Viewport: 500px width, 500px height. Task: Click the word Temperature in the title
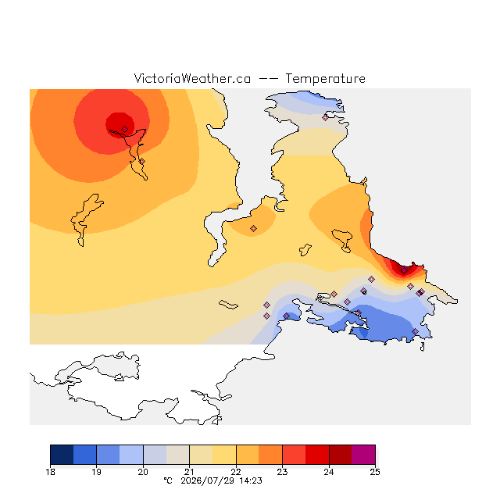[325, 78]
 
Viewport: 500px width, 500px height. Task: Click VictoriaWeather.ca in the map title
[192, 78]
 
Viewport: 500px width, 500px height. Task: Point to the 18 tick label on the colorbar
[50, 472]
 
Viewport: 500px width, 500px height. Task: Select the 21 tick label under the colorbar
[189, 472]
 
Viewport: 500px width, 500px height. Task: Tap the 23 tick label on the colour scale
[282, 472]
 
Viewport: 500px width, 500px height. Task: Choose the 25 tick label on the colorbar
[375, 472]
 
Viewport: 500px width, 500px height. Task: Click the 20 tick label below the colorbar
[143, 472]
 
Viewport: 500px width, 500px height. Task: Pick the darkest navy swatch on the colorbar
[62, 455]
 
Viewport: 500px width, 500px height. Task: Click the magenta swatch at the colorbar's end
[363, 455]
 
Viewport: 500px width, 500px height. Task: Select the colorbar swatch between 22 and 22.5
[248, 455]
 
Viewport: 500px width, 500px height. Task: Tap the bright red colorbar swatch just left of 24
[317, 455]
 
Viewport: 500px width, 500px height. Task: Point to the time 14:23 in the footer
[251, 480]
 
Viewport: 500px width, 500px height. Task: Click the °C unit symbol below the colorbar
[168, 480]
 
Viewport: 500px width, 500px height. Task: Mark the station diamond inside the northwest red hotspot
[125, 129]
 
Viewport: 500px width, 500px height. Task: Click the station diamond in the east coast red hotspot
[405, 270]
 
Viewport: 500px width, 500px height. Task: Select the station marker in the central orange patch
[253, 228]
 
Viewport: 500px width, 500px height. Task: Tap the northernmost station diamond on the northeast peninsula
[325, 118]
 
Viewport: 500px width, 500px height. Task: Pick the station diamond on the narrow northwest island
[142, 162]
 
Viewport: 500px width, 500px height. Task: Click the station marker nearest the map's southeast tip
[415, 331]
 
